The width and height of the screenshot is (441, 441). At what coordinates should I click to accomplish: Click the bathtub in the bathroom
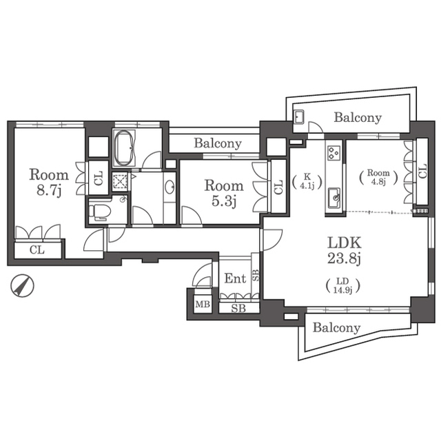click(124, 147)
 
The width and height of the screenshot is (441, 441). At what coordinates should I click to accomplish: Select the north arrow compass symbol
click(22, 285)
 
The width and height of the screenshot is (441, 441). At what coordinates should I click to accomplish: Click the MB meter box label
click(203, 304)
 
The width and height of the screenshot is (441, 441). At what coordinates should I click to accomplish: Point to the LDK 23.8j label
click(344, 250)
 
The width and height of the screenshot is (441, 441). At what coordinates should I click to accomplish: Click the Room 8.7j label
click(49, 182)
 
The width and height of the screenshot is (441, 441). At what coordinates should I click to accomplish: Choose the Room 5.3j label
click(224, 193)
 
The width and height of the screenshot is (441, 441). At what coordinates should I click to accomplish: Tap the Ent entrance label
click(235, 278)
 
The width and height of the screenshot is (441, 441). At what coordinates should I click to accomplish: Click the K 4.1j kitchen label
click(307, 181)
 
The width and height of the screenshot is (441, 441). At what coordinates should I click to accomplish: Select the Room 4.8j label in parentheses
click(378, 177)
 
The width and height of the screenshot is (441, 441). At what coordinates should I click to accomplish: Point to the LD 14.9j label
click(343, 285)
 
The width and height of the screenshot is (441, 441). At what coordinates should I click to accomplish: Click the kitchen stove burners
click(334, 153)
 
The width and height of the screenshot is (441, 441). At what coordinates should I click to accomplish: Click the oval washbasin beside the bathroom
click(170, 187)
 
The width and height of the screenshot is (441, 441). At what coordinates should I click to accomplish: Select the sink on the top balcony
click(298, 117)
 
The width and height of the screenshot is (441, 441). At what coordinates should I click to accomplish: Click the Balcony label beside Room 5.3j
click(218, 143)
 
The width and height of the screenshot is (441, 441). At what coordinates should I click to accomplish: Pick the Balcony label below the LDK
click(337, 328)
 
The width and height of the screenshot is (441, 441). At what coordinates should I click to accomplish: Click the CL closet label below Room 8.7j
click(37, 249)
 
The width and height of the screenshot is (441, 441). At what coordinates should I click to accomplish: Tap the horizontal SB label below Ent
click(238, 309)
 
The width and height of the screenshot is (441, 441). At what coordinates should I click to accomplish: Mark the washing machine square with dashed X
click(120, 181)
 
